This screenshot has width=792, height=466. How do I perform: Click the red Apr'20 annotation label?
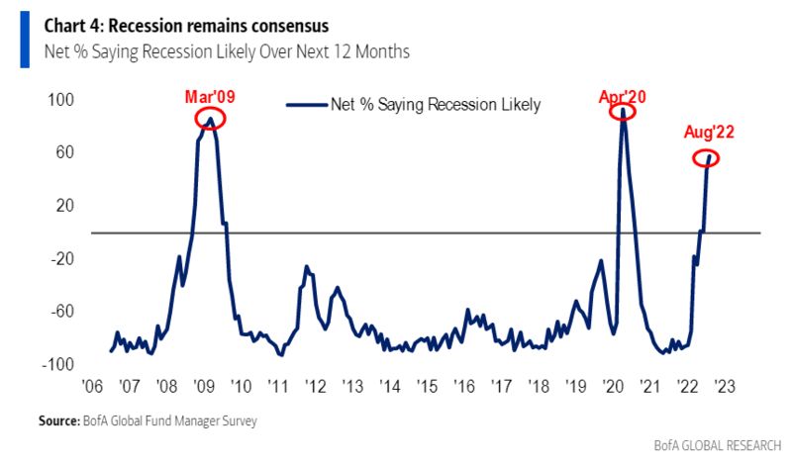tap(625, 97)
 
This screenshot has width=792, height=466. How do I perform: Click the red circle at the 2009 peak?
tap(210, 120)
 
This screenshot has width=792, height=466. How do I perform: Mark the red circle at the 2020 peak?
tap(623, 111)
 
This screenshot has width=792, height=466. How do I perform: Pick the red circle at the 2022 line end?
tap(706, 157)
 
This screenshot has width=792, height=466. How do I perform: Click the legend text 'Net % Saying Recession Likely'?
tap(436, 104)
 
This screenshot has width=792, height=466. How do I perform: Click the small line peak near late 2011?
tap(307, 266)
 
